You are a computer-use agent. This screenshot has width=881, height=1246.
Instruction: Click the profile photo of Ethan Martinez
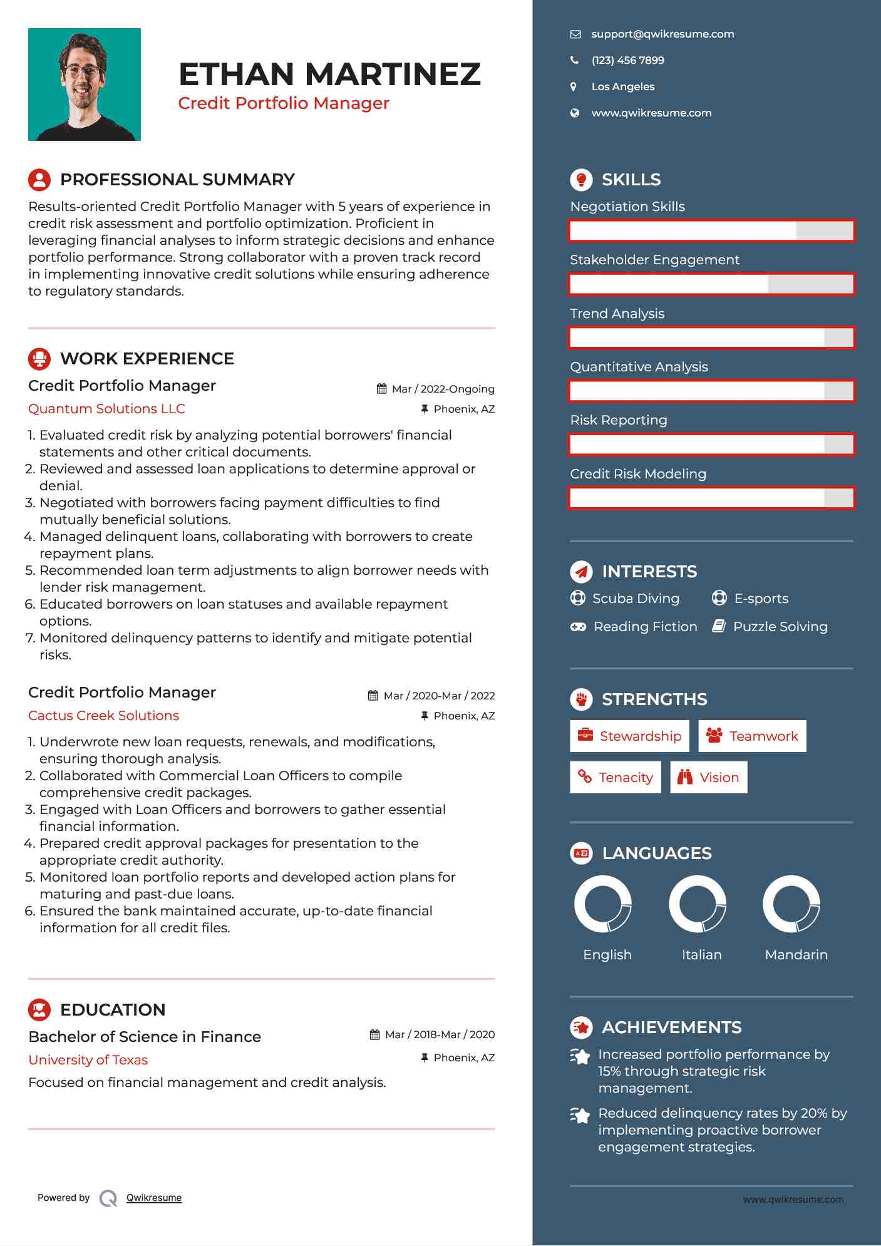point(85,85)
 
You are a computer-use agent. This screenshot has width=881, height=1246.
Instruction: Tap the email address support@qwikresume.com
point(662,34)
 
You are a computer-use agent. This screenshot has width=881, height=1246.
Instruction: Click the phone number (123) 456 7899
point(627,61)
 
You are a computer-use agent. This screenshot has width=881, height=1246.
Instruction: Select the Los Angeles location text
point(622,87)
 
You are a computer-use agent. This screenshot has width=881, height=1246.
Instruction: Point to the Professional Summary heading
point(177,180)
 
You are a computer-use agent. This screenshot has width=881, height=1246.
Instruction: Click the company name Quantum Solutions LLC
point(106,409)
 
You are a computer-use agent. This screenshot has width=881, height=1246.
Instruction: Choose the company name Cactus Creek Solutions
point(103,716)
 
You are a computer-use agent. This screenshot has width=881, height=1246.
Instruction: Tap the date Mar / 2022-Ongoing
point(443,389)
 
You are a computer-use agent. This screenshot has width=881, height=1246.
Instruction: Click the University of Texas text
point(88,1060)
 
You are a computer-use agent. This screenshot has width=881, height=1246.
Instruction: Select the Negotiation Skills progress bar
point(711,231)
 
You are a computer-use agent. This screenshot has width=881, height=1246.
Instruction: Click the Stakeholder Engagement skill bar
point(711,284)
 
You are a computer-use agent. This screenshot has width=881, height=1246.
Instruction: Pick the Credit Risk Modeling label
point(637,474)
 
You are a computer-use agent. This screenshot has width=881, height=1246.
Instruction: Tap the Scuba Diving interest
point(636,599)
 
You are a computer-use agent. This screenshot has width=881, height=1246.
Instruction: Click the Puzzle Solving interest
point(780,627)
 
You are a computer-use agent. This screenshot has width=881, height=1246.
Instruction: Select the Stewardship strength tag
point(629,736)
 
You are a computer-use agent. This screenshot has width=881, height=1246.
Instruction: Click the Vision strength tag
point(709,778)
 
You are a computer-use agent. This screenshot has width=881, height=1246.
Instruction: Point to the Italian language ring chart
point(698,904)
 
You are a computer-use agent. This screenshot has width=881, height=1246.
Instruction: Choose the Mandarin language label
point(796,955)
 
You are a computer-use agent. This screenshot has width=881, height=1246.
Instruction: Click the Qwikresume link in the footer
point(154,1198)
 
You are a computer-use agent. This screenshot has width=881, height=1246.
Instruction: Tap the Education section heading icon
point(39,1009)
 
